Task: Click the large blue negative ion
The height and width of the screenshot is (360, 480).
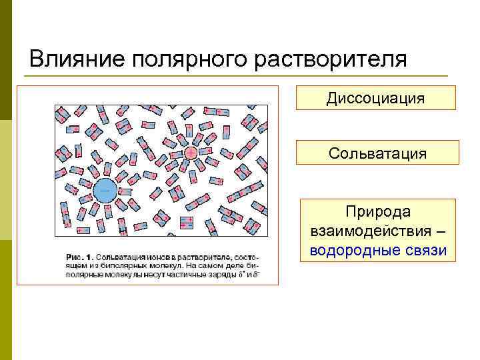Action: pos(105,191)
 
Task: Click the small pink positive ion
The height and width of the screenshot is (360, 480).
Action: pos(191,153)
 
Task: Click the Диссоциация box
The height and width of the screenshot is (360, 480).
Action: pos(375,98)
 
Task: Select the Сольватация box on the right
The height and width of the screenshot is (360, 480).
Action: pos(377,153)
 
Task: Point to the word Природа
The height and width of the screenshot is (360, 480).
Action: pos(378,211)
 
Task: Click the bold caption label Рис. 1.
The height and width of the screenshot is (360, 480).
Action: pos(81,257)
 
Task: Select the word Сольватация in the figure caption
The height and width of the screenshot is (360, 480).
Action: pos(120,257)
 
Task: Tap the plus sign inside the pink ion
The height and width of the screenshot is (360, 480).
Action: pos(191,153)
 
